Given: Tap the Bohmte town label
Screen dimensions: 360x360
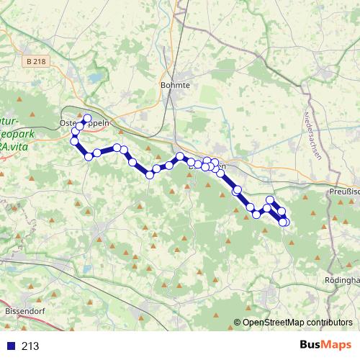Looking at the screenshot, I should tap(175, 85).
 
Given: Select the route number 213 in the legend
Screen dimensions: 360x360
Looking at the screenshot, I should tap(30, 346).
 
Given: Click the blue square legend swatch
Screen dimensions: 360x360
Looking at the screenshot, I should tap(9, 346).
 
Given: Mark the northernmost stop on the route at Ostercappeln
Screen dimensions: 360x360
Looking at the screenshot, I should tap(88, 118).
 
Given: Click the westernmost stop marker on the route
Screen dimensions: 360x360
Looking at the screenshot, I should tap(73, 140).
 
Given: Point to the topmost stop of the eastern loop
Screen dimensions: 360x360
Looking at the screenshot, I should tap(270, 199).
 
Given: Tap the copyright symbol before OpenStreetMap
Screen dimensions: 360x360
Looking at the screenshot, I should tap(238, 323).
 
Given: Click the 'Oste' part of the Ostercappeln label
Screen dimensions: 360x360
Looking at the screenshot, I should tap(67, 123).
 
